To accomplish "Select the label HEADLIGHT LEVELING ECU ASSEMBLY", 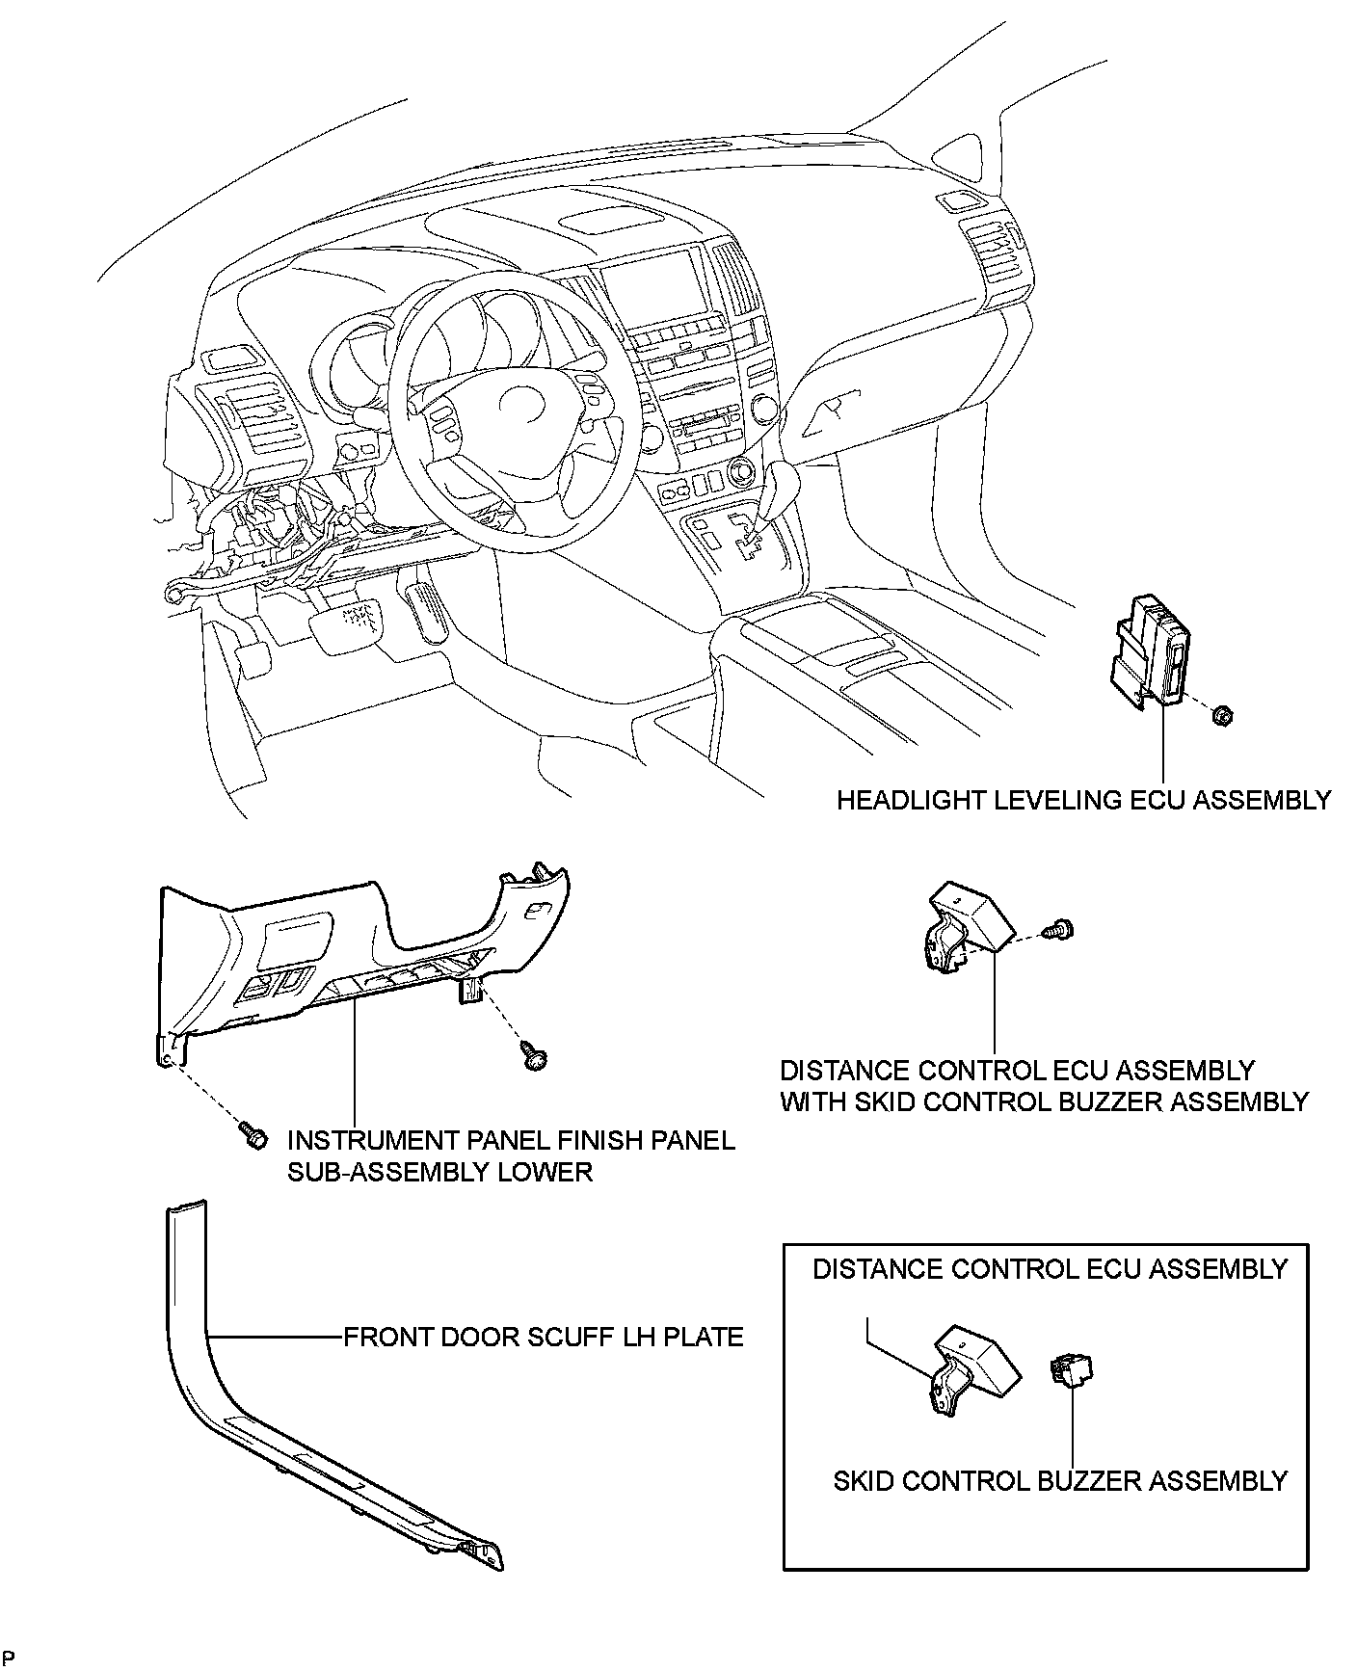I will pos(1083,800).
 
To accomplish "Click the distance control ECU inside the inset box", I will pos(972,1367).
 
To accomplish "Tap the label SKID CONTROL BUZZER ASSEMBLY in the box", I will pos(1060,1480).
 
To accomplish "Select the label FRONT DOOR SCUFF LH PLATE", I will pos(544,1338).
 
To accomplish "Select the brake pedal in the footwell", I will pos(349,622).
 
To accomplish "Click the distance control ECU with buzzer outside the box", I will pos(968,925).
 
